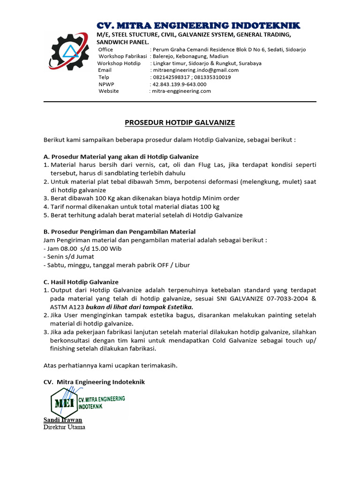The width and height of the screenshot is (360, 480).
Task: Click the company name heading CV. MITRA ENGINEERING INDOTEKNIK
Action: point(198,25)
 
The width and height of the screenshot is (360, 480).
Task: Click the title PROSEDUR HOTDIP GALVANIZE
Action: point(180,123)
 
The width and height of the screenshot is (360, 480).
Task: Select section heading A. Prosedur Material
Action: point(121,157)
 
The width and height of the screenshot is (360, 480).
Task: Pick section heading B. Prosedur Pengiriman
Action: point(120,232)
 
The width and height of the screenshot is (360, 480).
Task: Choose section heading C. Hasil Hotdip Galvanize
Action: point(81,282)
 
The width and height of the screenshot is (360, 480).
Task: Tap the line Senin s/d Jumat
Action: point(69,257)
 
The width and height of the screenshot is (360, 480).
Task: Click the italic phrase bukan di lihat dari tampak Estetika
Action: point(139,307)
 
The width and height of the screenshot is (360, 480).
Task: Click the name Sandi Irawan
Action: point(63,420)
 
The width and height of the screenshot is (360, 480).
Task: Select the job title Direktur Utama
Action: point(64,427)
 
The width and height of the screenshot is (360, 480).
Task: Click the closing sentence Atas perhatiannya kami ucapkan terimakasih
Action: point(111,365)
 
